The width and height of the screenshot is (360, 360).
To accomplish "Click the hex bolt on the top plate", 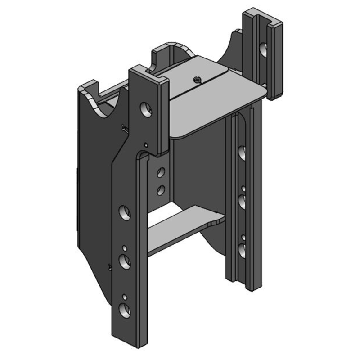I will pyautogui.click(x=197, y=80).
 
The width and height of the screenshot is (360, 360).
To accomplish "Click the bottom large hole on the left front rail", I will pyautogui.click(x=124, y=309).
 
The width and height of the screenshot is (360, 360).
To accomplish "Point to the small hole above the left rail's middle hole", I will pyautogui.click(x=124, y=247).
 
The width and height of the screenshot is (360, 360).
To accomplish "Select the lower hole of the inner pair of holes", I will pyautogui.click(x=160, y=190).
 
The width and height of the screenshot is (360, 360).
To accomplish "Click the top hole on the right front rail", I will pyautogui.click(x=242, y=153).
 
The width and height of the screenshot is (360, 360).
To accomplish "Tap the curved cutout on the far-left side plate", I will pyautogui.click(x=101, y=103).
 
